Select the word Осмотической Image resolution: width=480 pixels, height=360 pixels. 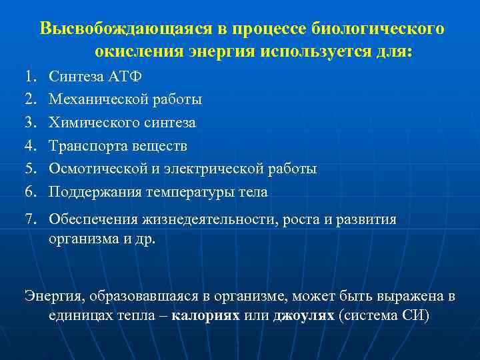click(95, 169)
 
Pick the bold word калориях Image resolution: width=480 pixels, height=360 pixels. click(205, 315)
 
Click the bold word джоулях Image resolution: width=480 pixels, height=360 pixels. click(304, 315)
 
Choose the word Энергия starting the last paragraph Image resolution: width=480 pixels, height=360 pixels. click(49, 295)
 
